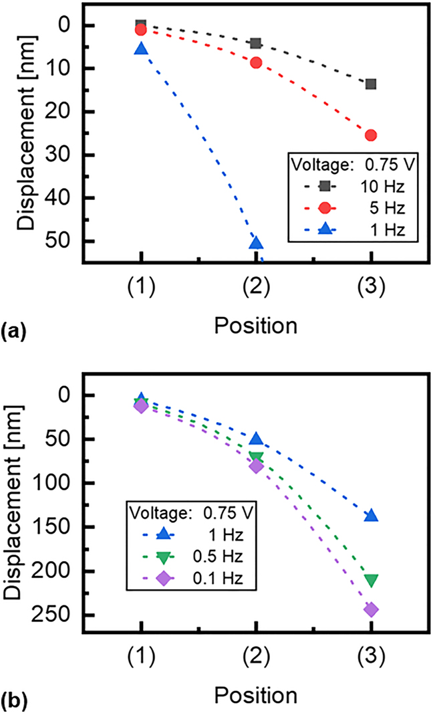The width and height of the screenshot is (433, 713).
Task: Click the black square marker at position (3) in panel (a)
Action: pyautogui.click(x=371, y=84)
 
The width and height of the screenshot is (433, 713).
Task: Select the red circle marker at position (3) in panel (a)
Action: pyautogui.click(x=371, y=135)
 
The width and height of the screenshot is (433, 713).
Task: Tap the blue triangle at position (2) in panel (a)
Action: pyautogui.click(x=256, y=243)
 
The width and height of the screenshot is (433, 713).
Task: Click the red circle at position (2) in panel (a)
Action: pyautogui.click(x=256, y=63)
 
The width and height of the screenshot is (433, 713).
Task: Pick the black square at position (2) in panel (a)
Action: pyautogui.click(x=256, y=43)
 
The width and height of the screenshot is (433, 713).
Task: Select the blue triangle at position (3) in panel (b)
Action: pyautogui.click(x=371, y=516)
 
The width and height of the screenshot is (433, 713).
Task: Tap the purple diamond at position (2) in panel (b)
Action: pyautogui.click(x=256, y=466)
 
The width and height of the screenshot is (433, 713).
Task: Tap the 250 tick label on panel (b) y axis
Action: pyautogui.click(x=55, y=615)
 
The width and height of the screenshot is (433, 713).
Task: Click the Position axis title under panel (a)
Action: pyautogui.click(x=256, y=326)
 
